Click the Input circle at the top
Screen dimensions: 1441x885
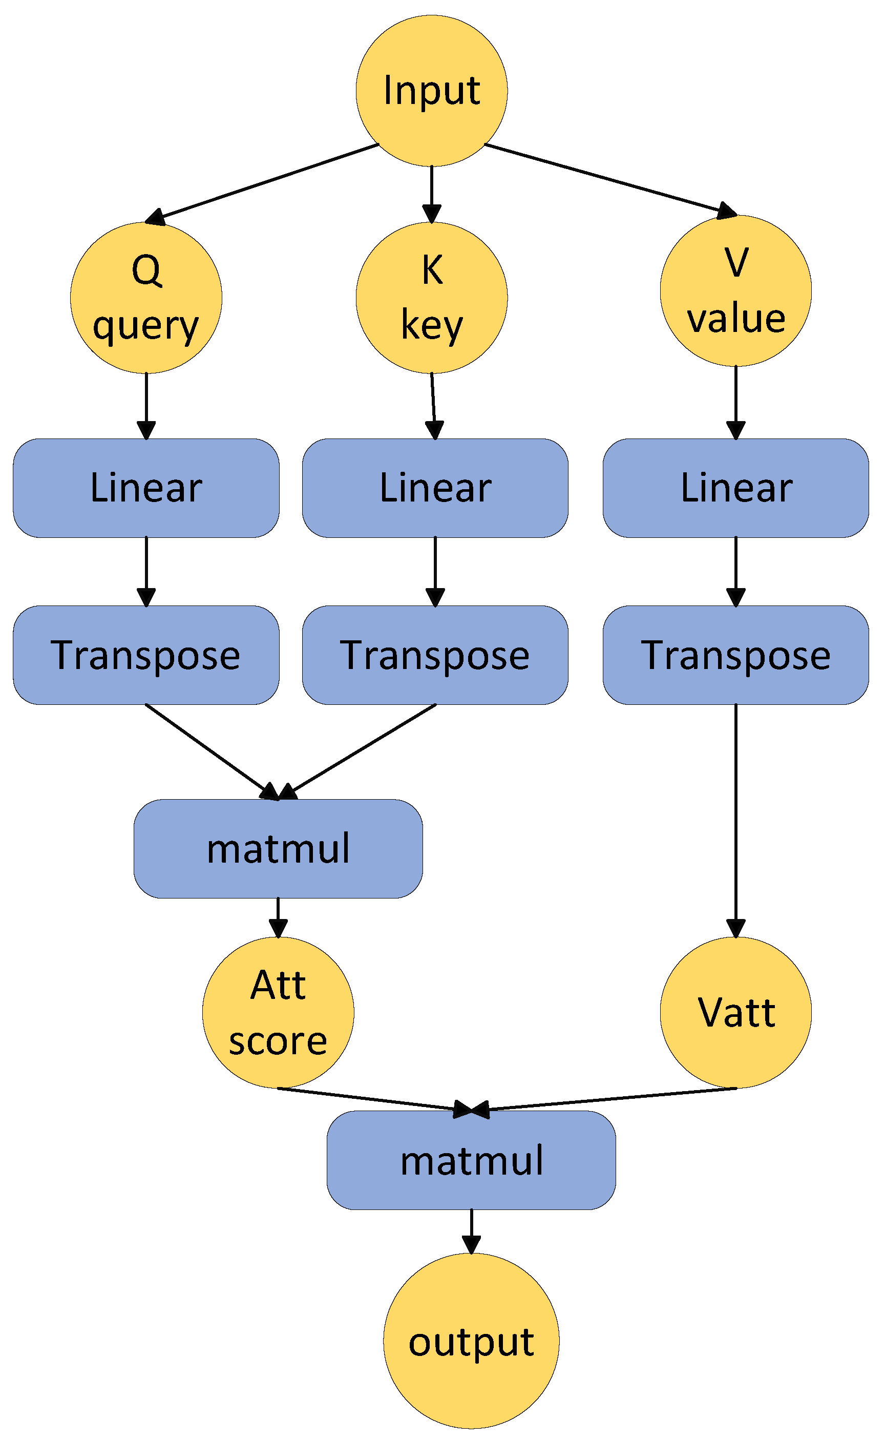pyautogui.click(x=431, y=91)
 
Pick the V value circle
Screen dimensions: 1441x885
pyautogui.click(x=736, y=290)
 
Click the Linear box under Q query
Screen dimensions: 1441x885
pyautogui.click(x=146, y=488)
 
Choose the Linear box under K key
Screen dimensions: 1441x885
pyautogui.click(x=435, y=488)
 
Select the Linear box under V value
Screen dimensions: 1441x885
pyautogui.click(x=736, y=488)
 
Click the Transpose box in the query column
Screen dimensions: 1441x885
pyautogui.click(x=146, y=655)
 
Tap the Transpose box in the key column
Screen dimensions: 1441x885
pyautogui.click(x=435, y=655)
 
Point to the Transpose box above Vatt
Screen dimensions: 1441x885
pyautogui.click(x=736, y=655)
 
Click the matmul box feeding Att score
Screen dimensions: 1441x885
pyautogui.click(x=278, y=849)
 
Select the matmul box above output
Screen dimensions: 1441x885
pyautogui.click(x=471, y=1161)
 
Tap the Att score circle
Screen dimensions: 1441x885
pyautogui.click(x=278, y=1013)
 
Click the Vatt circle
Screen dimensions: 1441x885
pyautogui.click(x=736, y=1013)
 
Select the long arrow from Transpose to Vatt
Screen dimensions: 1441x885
pyautogui.click(x=736, y=820)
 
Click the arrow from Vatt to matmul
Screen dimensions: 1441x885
pyautogui.click(x=609, y=1099)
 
